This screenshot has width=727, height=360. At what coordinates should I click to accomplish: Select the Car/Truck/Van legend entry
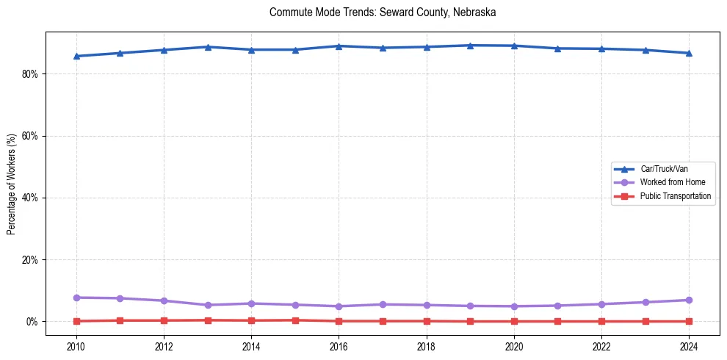click(x=663, y=169)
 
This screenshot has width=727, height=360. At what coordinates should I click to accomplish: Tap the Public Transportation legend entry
click(x=675, y=196)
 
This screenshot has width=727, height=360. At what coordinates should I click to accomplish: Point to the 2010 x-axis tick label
click(x=76, y=346)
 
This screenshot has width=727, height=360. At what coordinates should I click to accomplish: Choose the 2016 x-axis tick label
click(x=339, y=346)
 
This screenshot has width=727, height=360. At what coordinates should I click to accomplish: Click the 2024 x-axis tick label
click(x=689, y=346)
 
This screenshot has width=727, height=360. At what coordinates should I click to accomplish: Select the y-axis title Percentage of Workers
click(x=12, y=184)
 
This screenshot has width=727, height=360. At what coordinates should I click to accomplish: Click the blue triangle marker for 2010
click(x=76, y=56)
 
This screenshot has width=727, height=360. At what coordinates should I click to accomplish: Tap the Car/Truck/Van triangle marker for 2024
click(x=689, y=53)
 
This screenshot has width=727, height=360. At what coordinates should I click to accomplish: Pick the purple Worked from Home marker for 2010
click(x=76, y=298)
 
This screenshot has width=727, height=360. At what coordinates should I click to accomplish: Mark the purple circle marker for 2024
click(x=689, y=300)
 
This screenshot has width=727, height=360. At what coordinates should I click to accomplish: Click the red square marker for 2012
click(x=164, y=320)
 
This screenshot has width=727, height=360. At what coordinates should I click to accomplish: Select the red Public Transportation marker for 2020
click(x=514, y=321)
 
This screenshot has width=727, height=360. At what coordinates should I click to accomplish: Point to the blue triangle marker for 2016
click(x=339, y=46)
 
